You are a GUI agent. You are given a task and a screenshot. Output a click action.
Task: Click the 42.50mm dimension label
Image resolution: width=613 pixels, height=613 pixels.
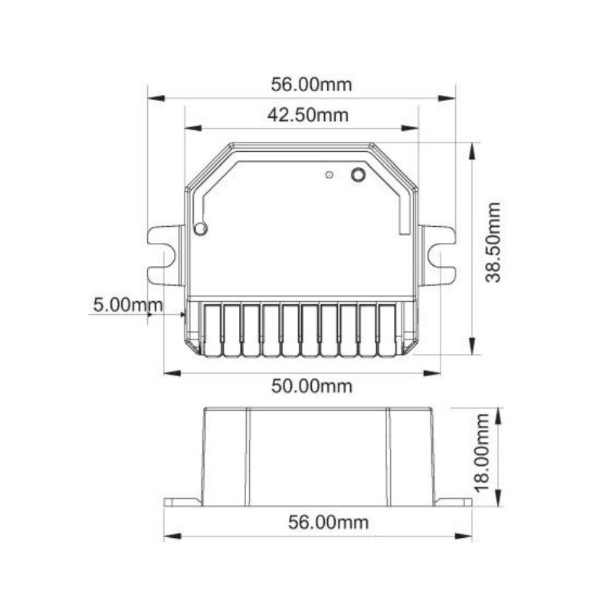307,115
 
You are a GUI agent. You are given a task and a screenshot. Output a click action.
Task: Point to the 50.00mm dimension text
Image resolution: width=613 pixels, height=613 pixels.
311,385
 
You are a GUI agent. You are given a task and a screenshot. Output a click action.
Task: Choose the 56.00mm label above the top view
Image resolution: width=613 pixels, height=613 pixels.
311,84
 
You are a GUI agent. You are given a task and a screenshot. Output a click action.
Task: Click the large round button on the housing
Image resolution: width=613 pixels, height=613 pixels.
357,175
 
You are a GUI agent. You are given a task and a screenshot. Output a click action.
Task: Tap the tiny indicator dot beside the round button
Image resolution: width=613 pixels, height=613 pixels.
329,175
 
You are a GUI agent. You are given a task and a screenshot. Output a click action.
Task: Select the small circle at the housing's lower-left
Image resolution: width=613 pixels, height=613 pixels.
201,228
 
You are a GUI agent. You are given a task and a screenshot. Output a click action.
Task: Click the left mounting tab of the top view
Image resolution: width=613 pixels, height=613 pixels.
164,254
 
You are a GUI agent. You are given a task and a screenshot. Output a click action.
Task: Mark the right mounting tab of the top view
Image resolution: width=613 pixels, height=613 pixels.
438,254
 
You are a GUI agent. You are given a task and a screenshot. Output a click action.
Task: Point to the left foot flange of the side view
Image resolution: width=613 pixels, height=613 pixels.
182,502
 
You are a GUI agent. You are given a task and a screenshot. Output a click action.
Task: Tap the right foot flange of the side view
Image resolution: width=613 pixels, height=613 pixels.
454,502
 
